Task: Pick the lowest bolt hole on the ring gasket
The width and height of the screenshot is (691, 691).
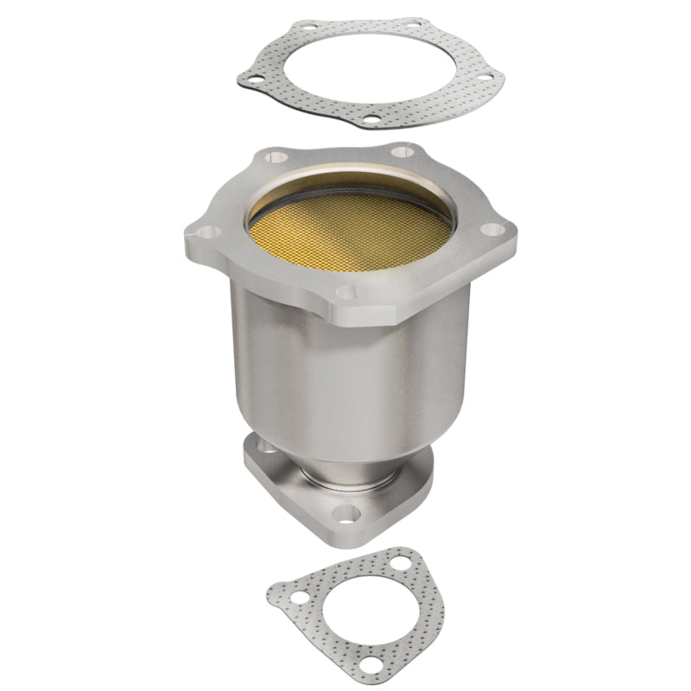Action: [371, 122]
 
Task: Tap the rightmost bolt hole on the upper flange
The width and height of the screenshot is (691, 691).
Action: [492, 230]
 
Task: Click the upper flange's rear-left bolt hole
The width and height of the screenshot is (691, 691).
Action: [277, 157]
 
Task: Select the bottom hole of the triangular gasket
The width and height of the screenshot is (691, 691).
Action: [371, 663]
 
